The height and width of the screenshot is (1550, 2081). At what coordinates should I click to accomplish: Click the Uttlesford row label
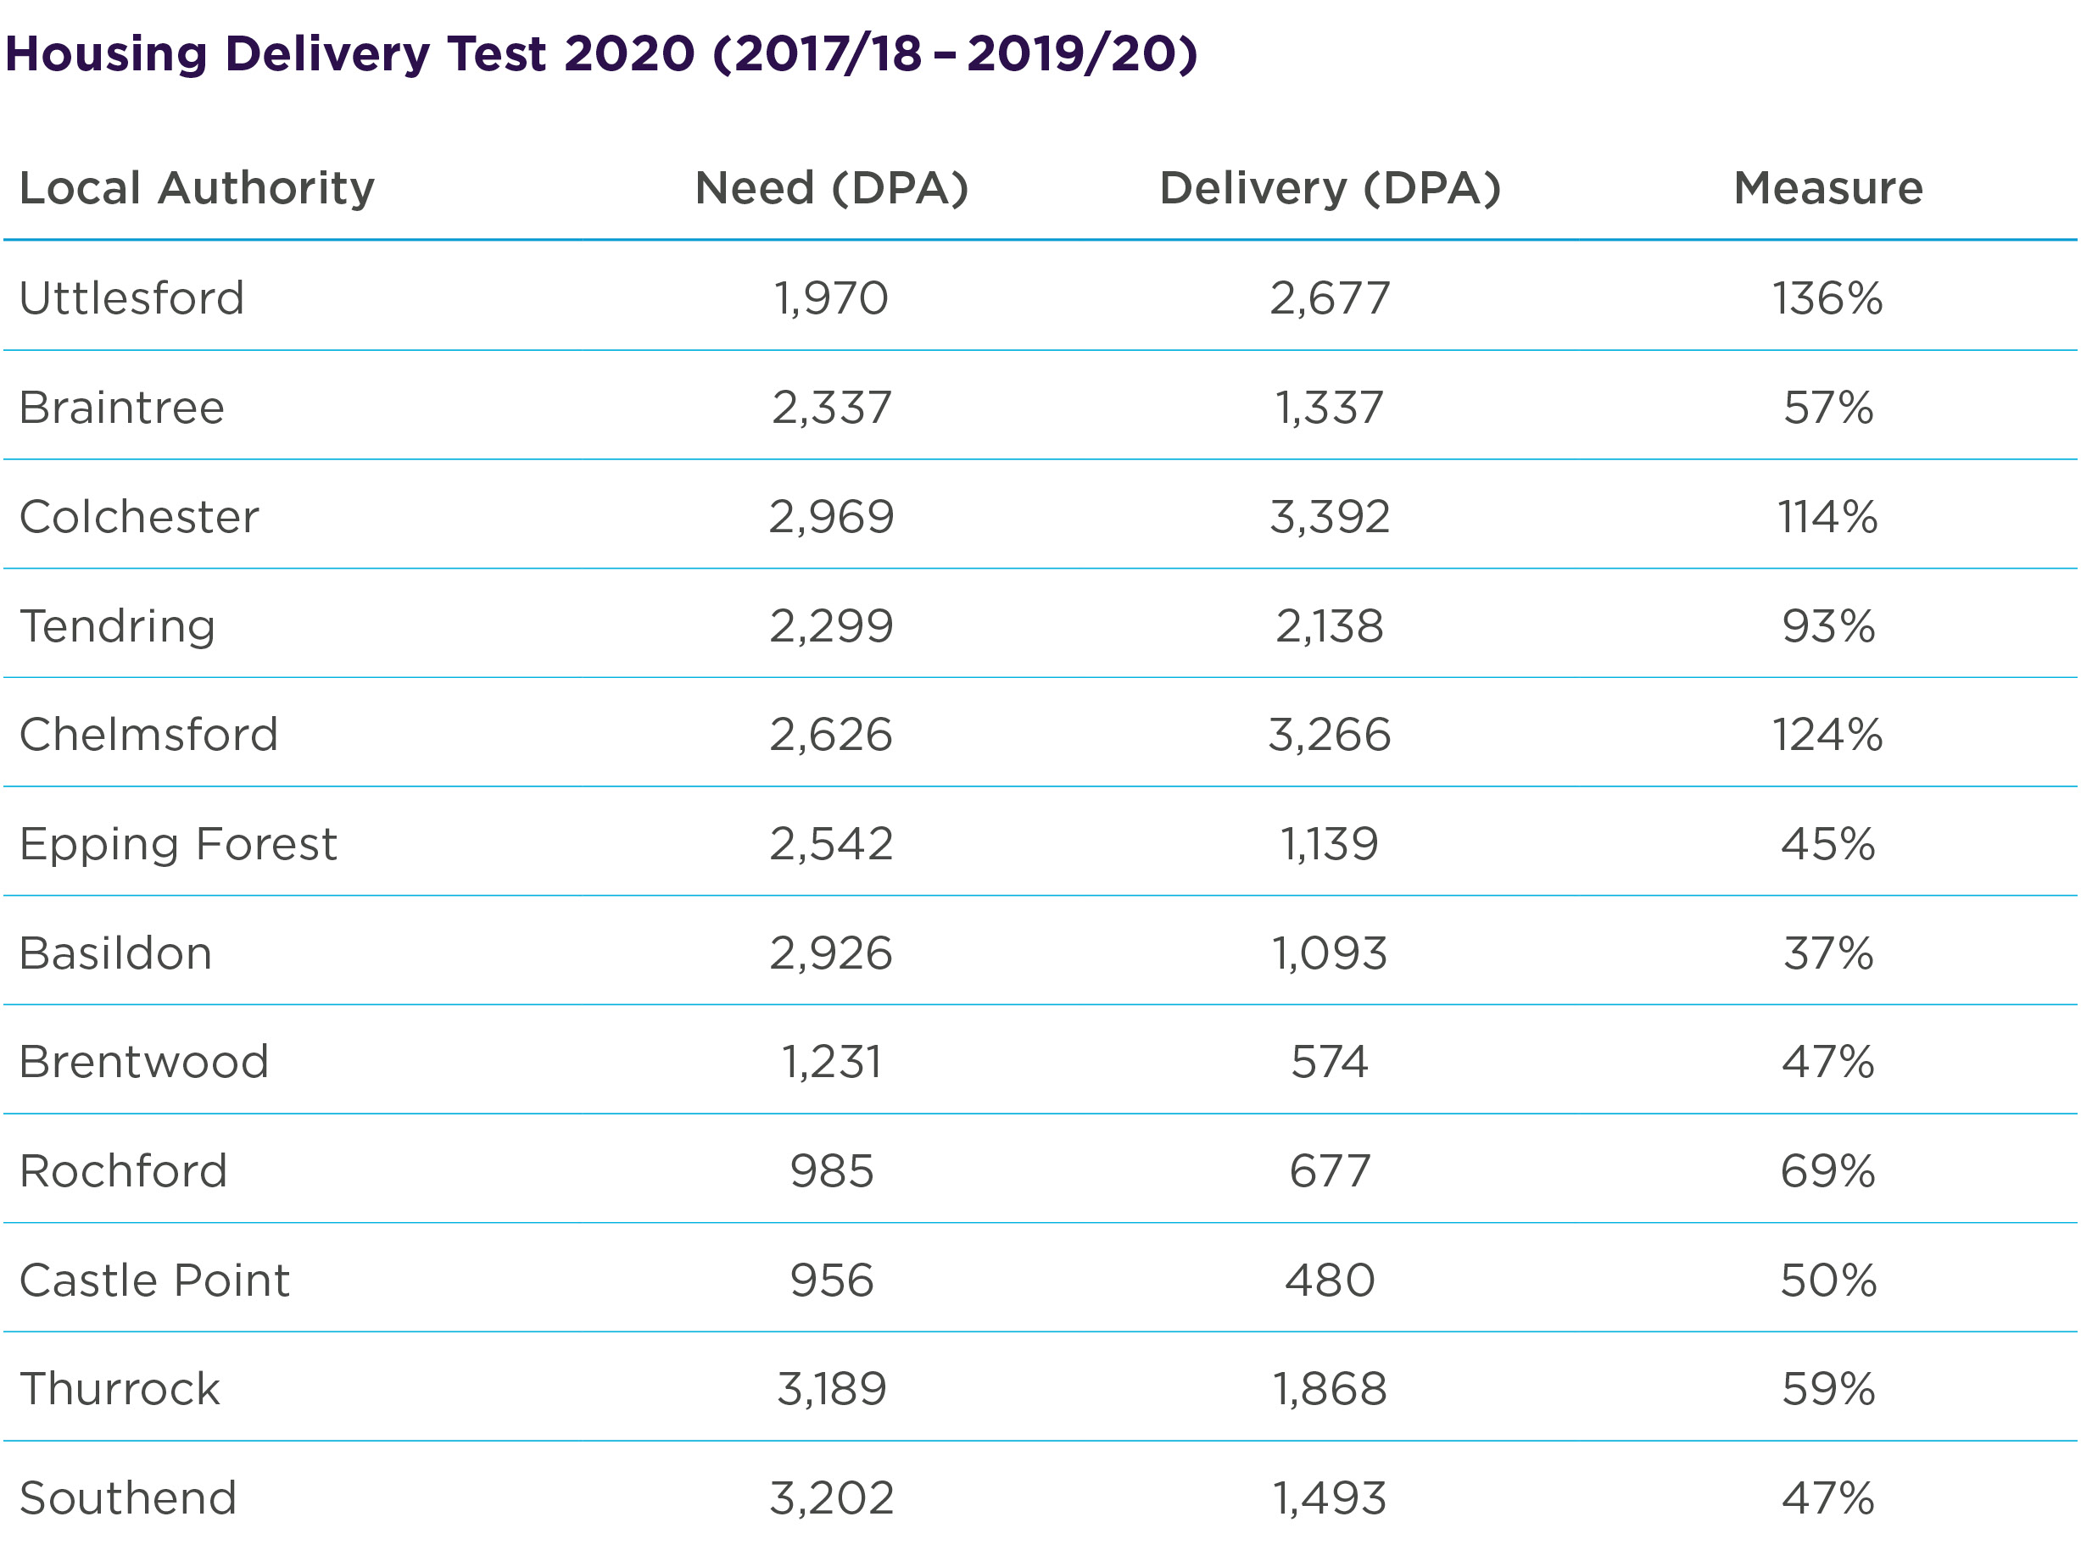coord(131,298)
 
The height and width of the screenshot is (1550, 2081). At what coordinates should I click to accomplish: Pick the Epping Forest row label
coord(177,843)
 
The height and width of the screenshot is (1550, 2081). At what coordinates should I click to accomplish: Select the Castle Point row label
coord(155,1280)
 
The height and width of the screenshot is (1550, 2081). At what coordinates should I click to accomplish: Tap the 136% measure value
coord(1827,298)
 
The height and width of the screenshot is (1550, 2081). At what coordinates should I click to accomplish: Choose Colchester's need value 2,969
coord(831,516)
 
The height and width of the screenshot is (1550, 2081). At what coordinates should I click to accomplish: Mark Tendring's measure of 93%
coord(1827,625)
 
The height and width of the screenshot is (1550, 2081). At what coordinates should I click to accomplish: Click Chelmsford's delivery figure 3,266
coord(1329,735)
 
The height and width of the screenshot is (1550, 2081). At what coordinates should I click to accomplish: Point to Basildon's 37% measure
coord(1827,953)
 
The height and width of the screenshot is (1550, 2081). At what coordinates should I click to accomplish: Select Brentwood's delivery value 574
coord(1329,1062)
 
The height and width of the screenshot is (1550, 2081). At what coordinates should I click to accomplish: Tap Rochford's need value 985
coord(832,1171)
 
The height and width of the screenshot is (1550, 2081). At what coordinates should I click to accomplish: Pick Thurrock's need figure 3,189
coord(831,1389)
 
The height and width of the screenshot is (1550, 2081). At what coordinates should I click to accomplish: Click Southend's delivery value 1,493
coord(1329,1497)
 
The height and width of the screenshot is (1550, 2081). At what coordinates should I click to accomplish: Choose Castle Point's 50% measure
coord(1827,1280)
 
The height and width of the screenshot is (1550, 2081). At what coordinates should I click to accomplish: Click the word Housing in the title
coord(106,53)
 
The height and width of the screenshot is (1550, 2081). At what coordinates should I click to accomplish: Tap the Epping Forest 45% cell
coord(1827,843)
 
